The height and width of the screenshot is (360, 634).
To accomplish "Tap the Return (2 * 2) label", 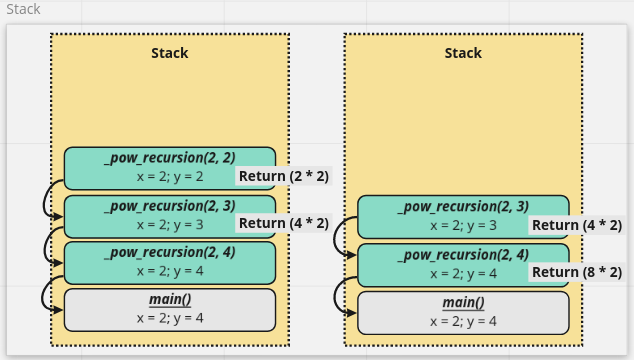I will pyautogui.click(x=284, y=176).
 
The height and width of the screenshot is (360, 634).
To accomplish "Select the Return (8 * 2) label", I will pyautogui.click(x=577, y=272).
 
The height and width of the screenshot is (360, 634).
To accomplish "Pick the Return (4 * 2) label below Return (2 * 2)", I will pyautogui.click(x=284, y=223).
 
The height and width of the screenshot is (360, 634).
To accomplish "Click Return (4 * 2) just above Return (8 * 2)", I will pyautogui.click(x=577, y=225).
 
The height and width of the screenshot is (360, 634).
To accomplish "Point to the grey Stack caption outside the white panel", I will pyautogui.click(x=24, y=9).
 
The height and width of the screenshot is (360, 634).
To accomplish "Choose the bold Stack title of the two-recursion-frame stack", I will pyautogui.click(x=463, y=53).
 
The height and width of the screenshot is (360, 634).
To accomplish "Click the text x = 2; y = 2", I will pyautogui.click(x=169, y=176).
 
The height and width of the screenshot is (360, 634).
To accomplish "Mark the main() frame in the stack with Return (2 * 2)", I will pyautogui.click(x=169, y=310).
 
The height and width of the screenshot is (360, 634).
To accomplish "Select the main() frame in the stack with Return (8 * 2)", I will pyautogui.click(x=463, y=312).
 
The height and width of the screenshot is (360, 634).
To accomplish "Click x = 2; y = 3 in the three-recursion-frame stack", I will pyautogui.click(x=169, y=224).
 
